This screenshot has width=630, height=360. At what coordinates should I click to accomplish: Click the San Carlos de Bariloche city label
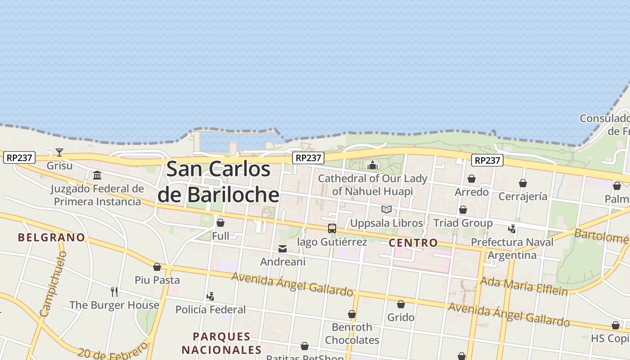219,182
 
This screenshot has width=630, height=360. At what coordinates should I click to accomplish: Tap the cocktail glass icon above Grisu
59,152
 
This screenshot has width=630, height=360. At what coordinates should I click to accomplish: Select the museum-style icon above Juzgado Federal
97,175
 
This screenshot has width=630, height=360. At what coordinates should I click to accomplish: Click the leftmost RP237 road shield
19,158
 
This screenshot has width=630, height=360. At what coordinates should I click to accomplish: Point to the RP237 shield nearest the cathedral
308,158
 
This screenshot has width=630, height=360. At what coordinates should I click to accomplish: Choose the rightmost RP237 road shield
488,160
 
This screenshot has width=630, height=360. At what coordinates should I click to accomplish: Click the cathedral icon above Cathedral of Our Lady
372,166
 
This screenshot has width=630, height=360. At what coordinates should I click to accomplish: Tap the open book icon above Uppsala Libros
386,209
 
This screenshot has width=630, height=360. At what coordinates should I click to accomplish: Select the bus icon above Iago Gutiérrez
332,229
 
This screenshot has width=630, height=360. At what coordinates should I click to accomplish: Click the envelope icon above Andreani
283,248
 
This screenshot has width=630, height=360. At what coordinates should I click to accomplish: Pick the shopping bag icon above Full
220,223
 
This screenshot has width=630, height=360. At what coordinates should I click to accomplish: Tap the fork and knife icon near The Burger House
114,292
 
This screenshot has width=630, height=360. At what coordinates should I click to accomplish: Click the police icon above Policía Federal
210,297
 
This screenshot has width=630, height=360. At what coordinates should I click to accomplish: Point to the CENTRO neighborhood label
413,243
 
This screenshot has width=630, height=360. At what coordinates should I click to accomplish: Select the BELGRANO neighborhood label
51,237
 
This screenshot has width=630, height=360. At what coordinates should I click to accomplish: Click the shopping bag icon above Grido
400,305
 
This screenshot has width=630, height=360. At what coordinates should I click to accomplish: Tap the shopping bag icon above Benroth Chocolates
352,314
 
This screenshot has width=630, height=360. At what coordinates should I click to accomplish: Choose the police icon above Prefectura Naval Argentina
512,229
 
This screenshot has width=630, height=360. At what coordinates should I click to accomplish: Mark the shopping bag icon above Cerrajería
522,183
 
